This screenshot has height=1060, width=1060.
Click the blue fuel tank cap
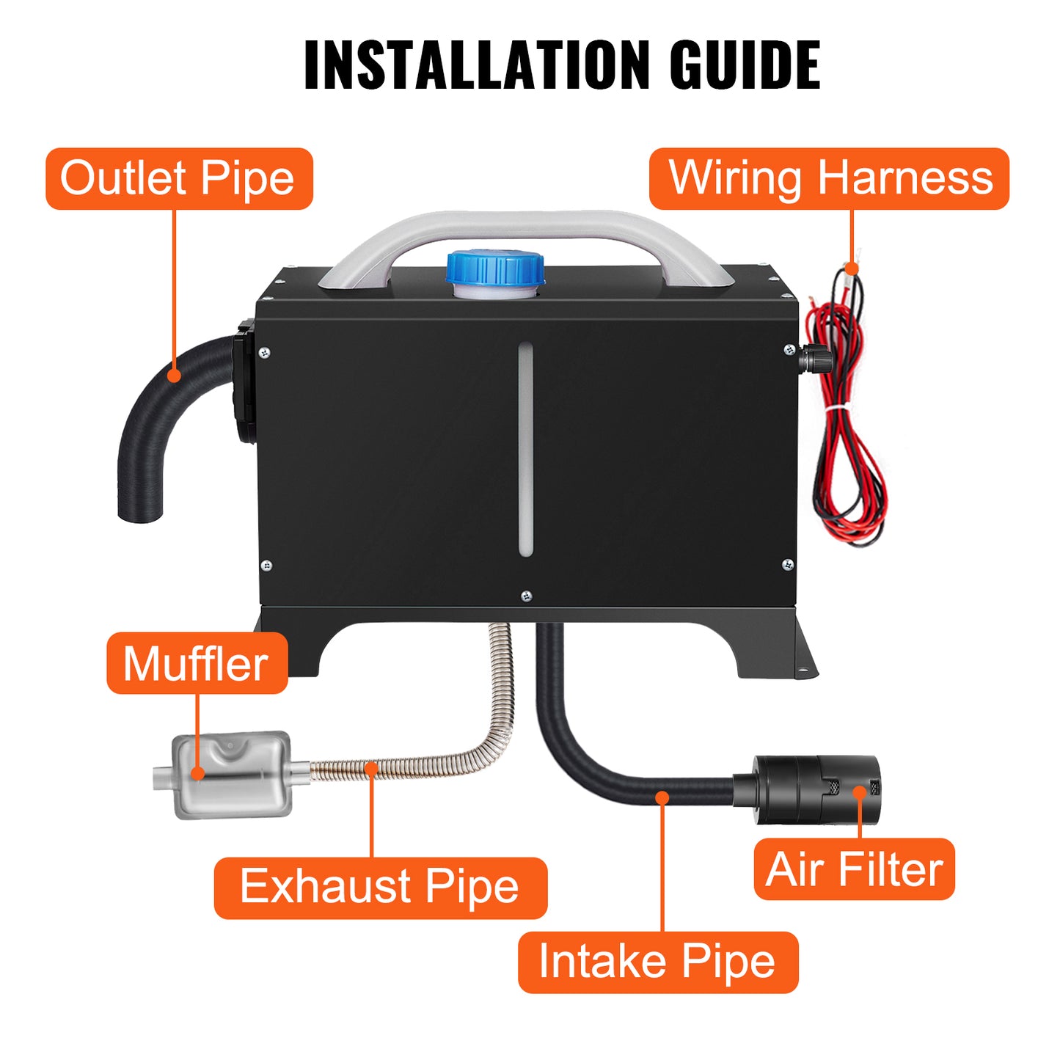[x=495, y=267]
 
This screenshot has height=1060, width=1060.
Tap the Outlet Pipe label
[x=179, y=179]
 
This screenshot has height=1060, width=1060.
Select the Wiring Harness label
[x=829, y=179]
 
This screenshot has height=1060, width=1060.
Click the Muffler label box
[x=197, y=663]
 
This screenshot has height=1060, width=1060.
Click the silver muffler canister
[x=232, y=775]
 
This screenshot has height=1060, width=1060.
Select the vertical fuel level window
[x=525, y=448]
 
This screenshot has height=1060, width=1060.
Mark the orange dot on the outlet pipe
[x=174, y=375]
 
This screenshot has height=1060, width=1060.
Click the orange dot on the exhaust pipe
[x=372, y=769]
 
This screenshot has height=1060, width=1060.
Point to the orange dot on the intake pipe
[x=662, y=797]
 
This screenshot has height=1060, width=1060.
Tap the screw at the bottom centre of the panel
[x=526, y=595]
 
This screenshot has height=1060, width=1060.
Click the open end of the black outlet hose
[x=141, y=513]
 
